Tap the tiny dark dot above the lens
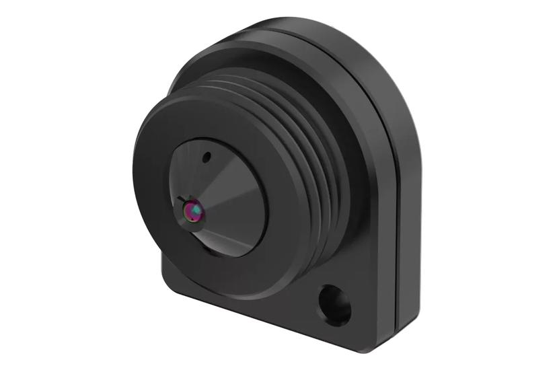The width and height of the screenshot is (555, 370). click(207, 158)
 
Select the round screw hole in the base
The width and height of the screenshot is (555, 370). click(334, 305)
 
